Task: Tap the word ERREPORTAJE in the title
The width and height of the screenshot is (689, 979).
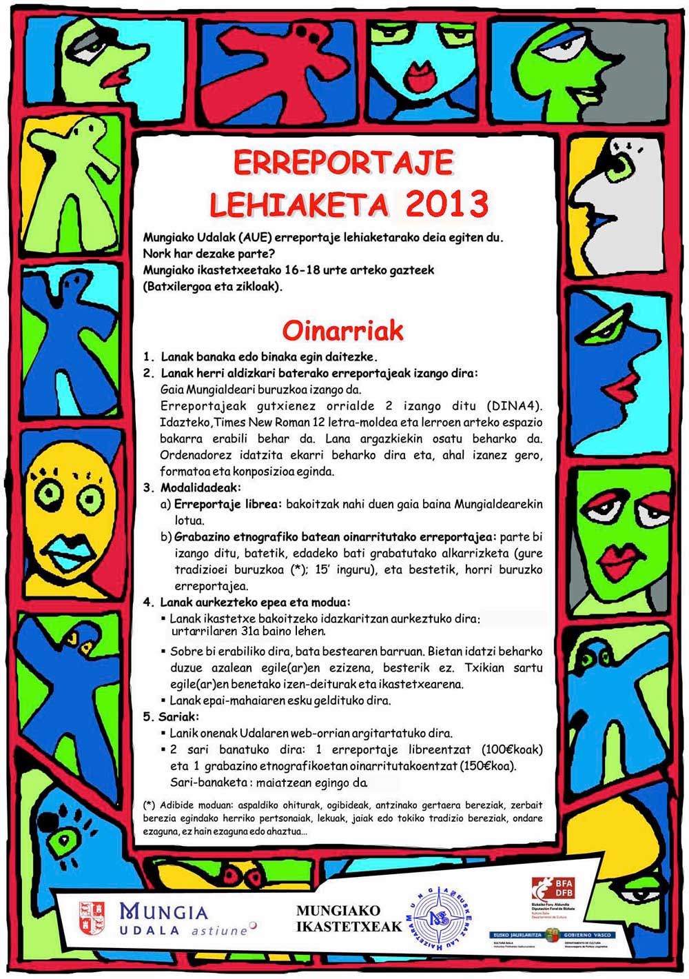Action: (x=343, y=163)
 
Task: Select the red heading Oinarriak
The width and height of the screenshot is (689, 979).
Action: (x=342, y=331)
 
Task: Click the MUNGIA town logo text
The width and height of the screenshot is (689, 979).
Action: (x=164, y=913)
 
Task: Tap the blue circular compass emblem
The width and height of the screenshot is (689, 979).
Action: (x=438, y=918)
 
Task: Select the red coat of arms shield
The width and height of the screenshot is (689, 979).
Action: (x=92, y=918)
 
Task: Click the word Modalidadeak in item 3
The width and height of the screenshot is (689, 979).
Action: (x=200, y=488)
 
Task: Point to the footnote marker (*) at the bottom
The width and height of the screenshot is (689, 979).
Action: (x=149, y=805)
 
